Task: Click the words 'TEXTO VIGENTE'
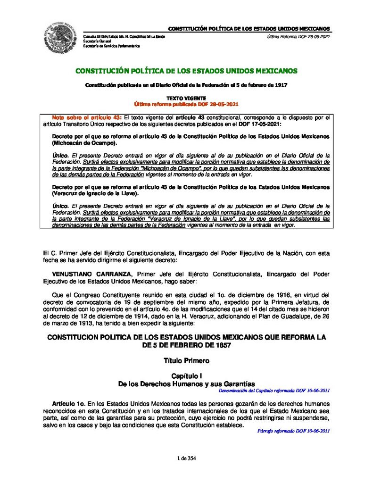click(186, 98)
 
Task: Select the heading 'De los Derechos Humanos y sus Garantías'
click(186, 384)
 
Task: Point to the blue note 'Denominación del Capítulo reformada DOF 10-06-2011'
click(274, 391)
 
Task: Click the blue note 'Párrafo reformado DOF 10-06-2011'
click(293, 431)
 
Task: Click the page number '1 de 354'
click(186, 458)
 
